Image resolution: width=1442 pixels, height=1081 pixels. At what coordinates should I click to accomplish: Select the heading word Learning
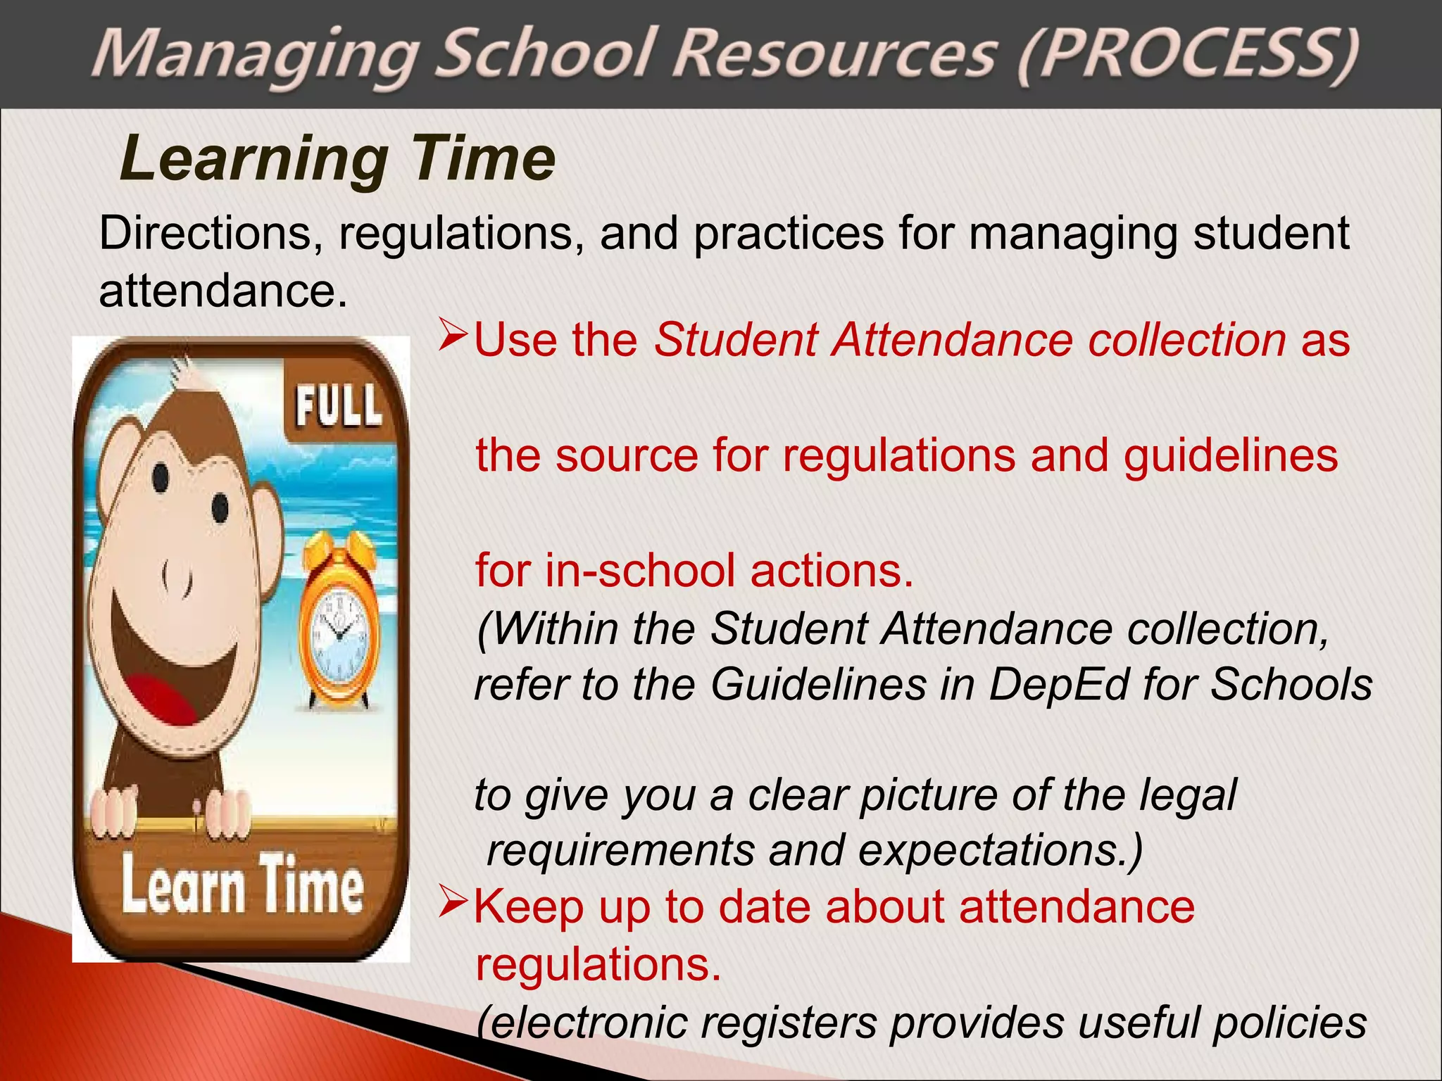click(253, 160)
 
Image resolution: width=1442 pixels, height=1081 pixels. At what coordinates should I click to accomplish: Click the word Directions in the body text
click(205, 233)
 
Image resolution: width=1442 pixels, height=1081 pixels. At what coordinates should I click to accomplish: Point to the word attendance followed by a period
click(222, 290)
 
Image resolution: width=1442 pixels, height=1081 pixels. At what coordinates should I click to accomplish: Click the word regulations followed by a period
click(598, 963)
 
